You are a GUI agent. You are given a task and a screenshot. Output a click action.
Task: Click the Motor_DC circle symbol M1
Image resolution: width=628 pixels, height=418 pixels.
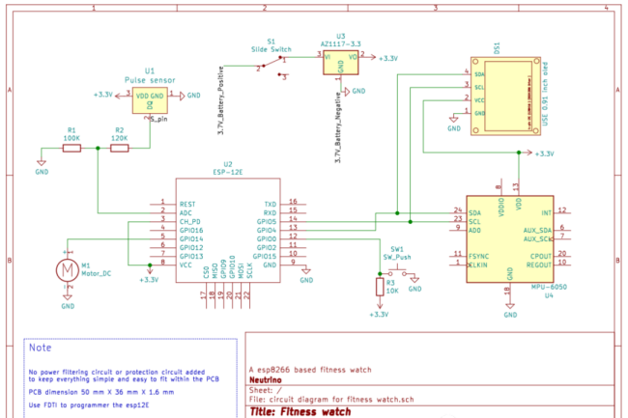click(67, 271)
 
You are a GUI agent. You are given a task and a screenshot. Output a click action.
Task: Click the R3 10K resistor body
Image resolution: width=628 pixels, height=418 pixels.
click(379, 288)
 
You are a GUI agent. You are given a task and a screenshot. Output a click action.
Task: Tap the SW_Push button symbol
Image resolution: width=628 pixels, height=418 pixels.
click(397, 273)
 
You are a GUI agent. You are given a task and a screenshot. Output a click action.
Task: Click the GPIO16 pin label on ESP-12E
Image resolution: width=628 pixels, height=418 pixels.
click(192, 231)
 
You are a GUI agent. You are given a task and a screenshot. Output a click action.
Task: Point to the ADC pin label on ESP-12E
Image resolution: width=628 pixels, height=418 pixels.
click(186, 213)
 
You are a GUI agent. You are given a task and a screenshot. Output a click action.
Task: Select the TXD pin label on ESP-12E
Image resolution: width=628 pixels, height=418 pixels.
click(270, 205)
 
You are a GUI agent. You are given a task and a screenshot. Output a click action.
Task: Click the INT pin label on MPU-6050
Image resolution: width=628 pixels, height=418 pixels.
click(547, 211)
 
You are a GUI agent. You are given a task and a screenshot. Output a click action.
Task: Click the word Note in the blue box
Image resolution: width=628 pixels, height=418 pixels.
click(41, 347)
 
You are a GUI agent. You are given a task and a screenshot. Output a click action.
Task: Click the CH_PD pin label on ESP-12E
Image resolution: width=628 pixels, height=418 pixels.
click(189, 222)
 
